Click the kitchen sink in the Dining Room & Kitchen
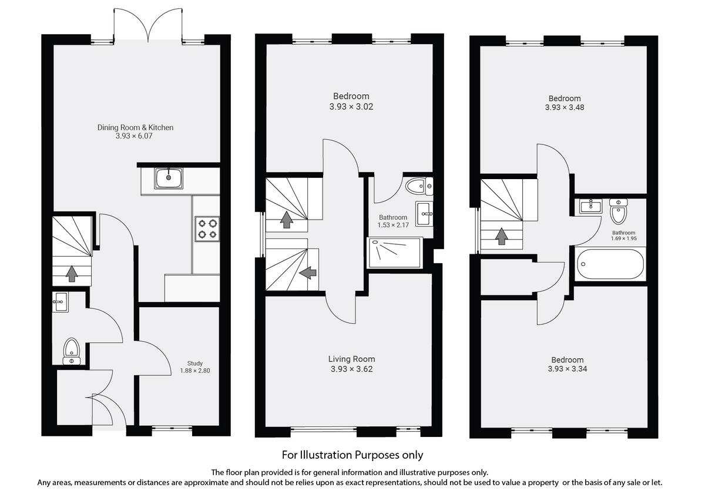(x=169, y=178)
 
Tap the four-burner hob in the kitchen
(x=207, y=228)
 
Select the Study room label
(x=195, y=364)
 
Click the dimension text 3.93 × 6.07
(x=136, y=136)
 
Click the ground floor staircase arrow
(x=72, y=273)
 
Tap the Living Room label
(x=351, y=359)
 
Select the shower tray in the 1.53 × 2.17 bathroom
(x=395, y=252)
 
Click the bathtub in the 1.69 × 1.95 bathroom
(x=611, y=264)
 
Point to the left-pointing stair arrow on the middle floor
(x=308, y=272)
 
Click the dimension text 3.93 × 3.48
(x=565, y=107)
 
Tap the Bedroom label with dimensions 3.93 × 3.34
(x=567, y=360)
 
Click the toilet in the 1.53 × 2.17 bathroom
(x=418, y=186)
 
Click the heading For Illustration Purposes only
(x=352, y=455)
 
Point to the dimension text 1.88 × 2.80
(x=195, y=371)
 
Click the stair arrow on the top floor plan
(x=501, y=236)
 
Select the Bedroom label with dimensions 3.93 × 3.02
(x=351, y=96)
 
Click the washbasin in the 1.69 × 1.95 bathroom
(x=590, y=206)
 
